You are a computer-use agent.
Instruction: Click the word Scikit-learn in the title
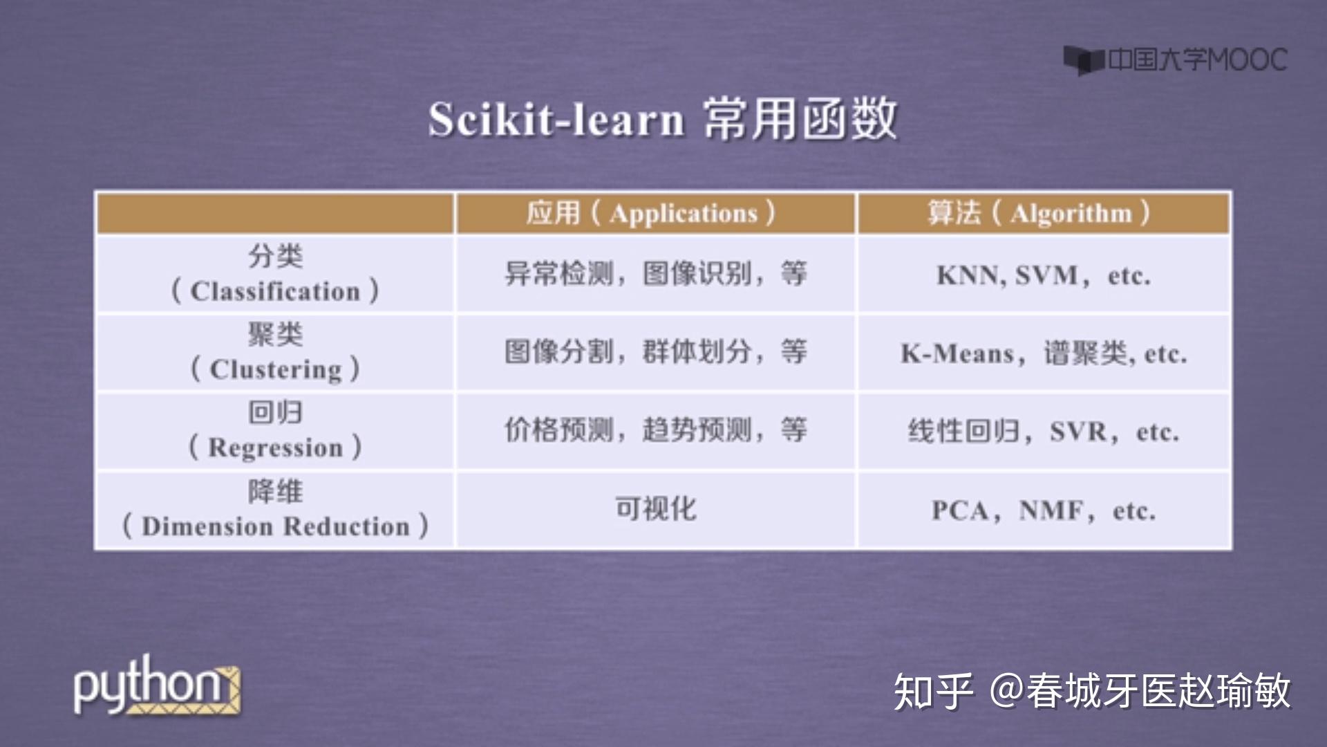coord(556,120)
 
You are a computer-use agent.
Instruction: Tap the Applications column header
coord(654,213)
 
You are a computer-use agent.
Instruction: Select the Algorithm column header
coord(1042,213)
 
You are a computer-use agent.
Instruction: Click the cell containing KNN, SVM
coord(1042,275)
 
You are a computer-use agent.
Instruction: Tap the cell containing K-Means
coord(1042,353)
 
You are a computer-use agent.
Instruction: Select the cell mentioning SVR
coord(1042,432)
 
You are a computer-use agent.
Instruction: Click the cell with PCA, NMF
coord(1042,510)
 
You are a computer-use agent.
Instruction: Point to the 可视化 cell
coord(655,509)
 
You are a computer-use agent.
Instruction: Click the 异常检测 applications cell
coord(655,274)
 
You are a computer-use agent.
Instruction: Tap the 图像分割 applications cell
coord(655,352)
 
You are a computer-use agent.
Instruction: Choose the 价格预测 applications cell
coord(655,430)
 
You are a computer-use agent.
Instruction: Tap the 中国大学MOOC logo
coord(1175,60)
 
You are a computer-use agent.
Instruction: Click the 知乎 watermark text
coord(933,690)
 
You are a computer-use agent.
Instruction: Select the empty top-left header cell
coord(275,213)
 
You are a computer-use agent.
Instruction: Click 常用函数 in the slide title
coord(800,120)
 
